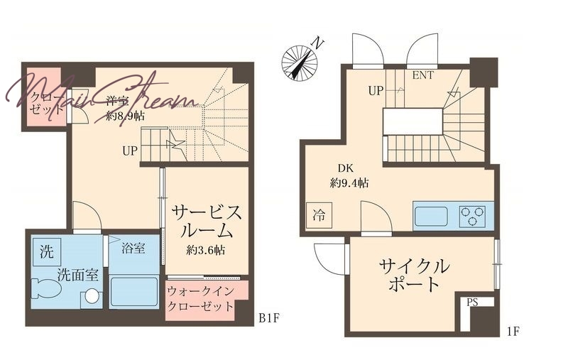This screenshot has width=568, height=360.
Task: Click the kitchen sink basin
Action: pos(432,214)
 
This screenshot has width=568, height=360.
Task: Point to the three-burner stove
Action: pos(472,214)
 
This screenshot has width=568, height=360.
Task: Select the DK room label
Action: pos(346,168)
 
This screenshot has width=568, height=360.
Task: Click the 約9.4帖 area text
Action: pos(349,182)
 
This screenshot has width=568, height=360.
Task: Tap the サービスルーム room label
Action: pos(206,221)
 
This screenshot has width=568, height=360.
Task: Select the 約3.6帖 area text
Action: pos(206,249)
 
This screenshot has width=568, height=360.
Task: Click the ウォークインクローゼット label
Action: pos(200,299)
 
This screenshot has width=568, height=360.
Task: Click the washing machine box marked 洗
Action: pos(46,250)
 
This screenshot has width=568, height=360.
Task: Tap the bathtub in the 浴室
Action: pos(133,292)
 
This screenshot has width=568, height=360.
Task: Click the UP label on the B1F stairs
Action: pos(129,151)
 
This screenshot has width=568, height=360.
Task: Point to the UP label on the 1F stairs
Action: pos(376,90)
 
